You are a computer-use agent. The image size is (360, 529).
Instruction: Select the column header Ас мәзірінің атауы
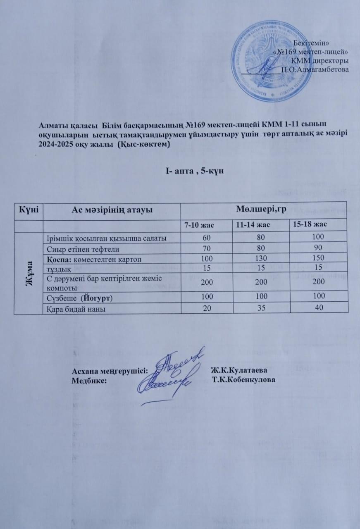click(x=112, y=210)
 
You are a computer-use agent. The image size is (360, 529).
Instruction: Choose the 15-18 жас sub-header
click(x=310, y=224)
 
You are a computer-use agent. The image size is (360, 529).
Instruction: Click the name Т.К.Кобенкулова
click(x=243, y=379)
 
